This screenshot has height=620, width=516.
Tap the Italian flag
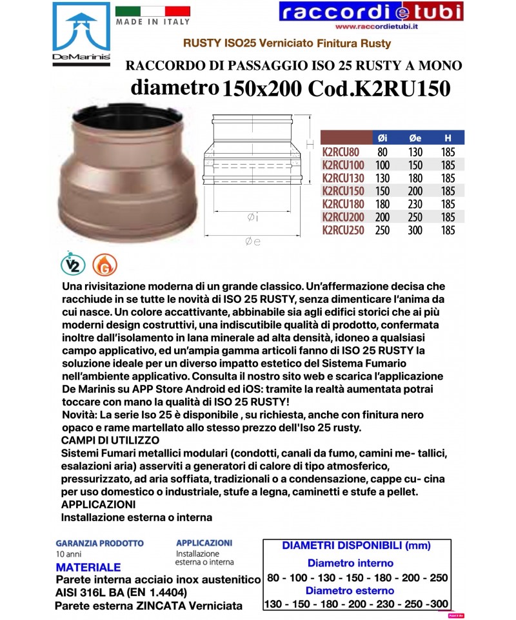[152, 10]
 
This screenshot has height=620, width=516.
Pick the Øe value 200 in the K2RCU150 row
[415, 191]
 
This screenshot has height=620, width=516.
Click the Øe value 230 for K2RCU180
[415, 204]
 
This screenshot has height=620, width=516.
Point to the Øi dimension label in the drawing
[252, 218]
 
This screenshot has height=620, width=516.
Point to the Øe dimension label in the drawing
[252, 242]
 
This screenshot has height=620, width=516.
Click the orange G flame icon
[100, 264]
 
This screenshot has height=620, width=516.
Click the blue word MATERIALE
[88, 568]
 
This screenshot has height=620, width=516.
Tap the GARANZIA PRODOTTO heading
[99, 544]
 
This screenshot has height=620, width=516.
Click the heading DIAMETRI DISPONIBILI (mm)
[356, 546]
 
